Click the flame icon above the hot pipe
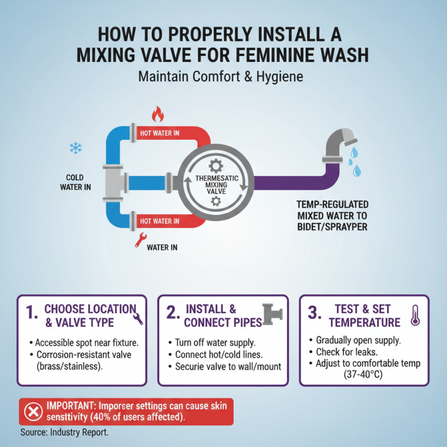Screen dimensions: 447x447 [158, 115]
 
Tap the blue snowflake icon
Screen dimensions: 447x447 [74, 148]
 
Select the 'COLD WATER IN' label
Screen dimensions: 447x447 [75, 182]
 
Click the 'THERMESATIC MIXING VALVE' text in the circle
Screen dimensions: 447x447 [216, 183]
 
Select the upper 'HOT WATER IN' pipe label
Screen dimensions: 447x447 [160, 134]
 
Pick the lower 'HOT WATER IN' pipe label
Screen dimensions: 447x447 [160, 221]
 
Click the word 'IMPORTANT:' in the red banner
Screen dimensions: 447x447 [72, 406]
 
